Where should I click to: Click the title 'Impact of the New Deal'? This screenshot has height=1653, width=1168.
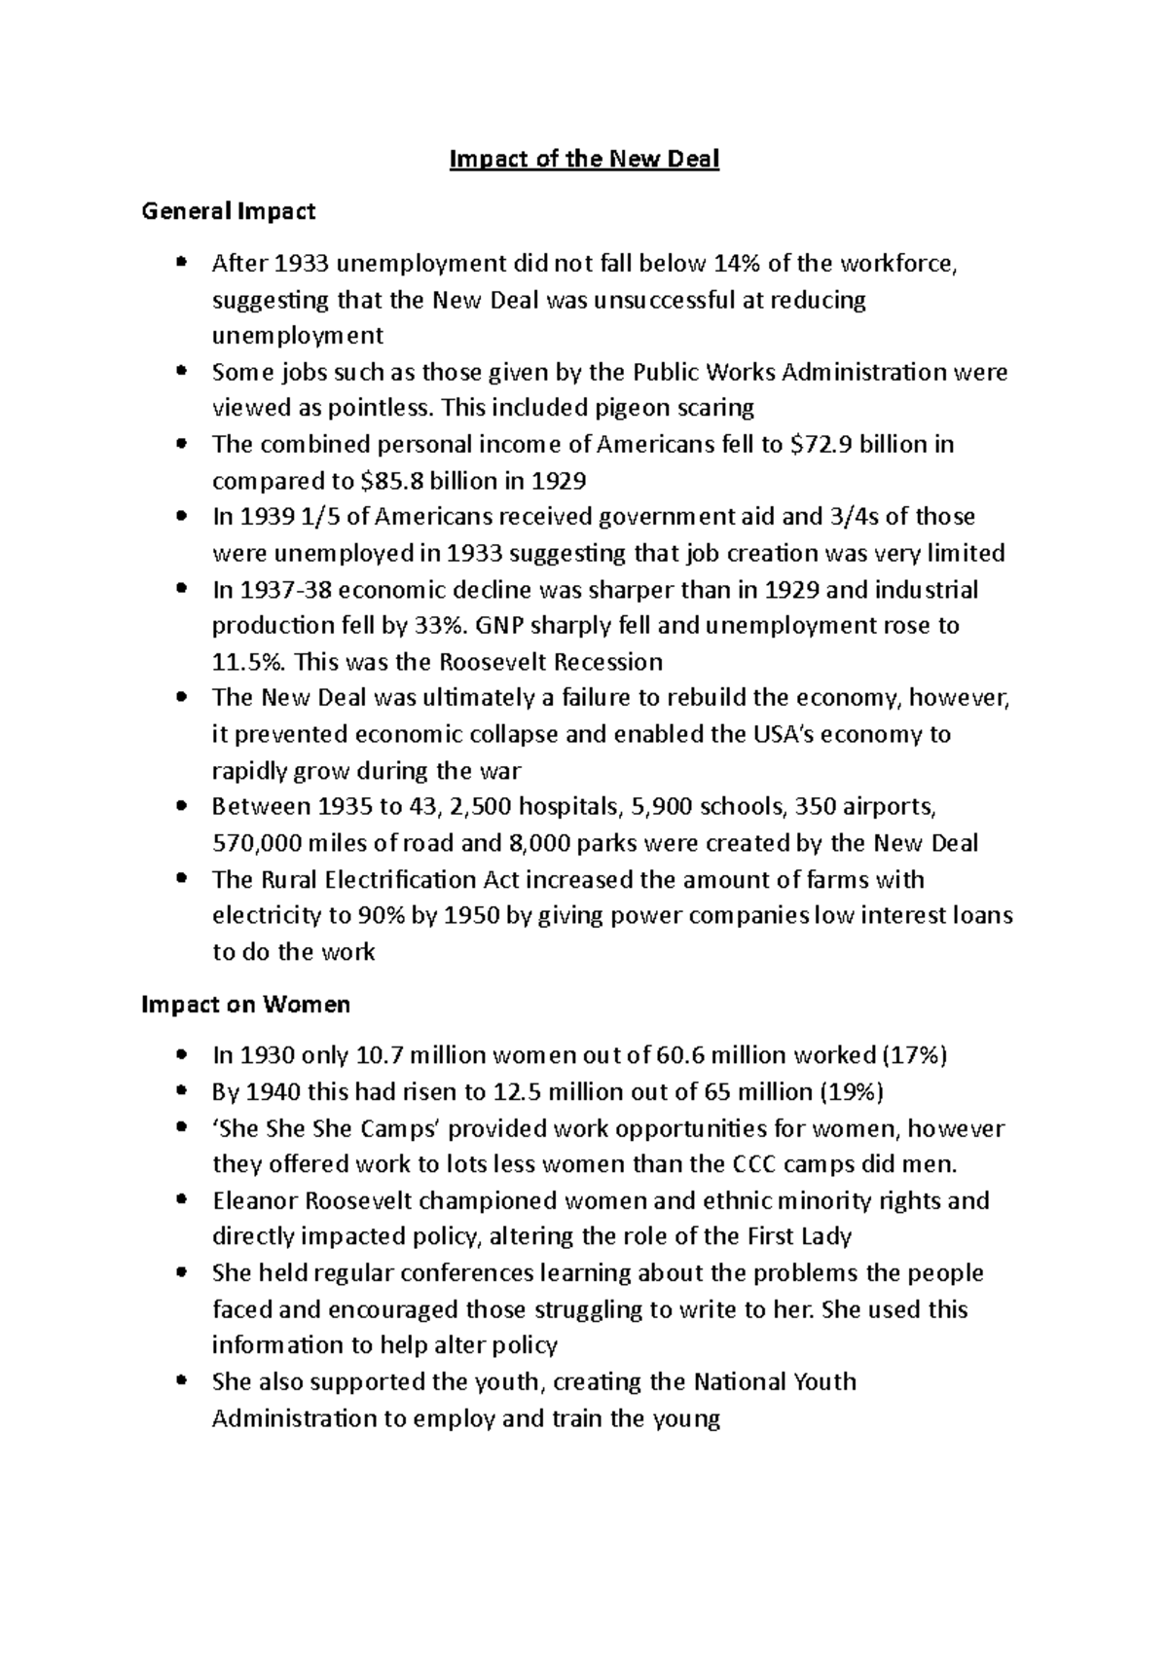584,159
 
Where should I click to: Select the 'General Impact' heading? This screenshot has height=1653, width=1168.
229,210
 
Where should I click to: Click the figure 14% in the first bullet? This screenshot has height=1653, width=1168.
740,263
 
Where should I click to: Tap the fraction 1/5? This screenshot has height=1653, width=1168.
315,517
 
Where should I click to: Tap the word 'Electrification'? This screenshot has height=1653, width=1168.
401,879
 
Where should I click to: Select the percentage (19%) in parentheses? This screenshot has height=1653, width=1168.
851,1092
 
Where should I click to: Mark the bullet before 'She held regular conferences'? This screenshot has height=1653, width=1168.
181,1273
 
